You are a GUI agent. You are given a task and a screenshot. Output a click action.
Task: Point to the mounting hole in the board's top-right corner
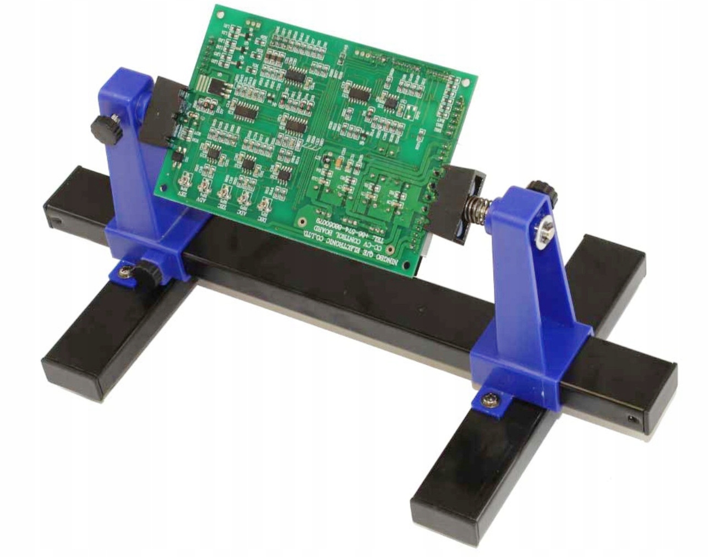[467, 83]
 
